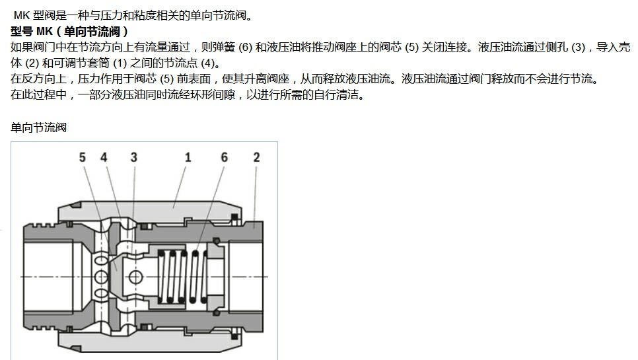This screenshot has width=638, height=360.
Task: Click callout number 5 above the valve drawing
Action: [x=82, y=157]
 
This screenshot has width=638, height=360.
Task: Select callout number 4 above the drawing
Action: [x=104, y=157]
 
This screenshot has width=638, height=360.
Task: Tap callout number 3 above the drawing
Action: [x=134, y=157]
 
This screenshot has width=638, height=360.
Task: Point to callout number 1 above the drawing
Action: [x=188, y=157]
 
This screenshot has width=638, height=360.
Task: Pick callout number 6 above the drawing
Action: [x=224, y=157]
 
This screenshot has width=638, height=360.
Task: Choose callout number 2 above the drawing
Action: [x=256, y=157]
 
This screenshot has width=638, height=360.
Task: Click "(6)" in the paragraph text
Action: [x=245, y=48]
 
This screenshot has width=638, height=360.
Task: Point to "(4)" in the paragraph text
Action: [x=208, y=63]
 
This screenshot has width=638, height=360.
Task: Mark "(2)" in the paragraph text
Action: [x=32, y=63]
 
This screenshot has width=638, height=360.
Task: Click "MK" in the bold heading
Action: [x=45, y=32]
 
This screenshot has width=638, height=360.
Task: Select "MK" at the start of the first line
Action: [x=22, y=16]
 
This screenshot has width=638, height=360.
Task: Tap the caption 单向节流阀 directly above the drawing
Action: [x=38, y=127]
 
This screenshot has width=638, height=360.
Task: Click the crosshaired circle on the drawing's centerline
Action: [x=135, y=277]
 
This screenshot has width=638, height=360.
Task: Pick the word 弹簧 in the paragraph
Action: [x=224, y=48]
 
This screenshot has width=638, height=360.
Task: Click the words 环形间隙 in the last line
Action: [x=213, y=94]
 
